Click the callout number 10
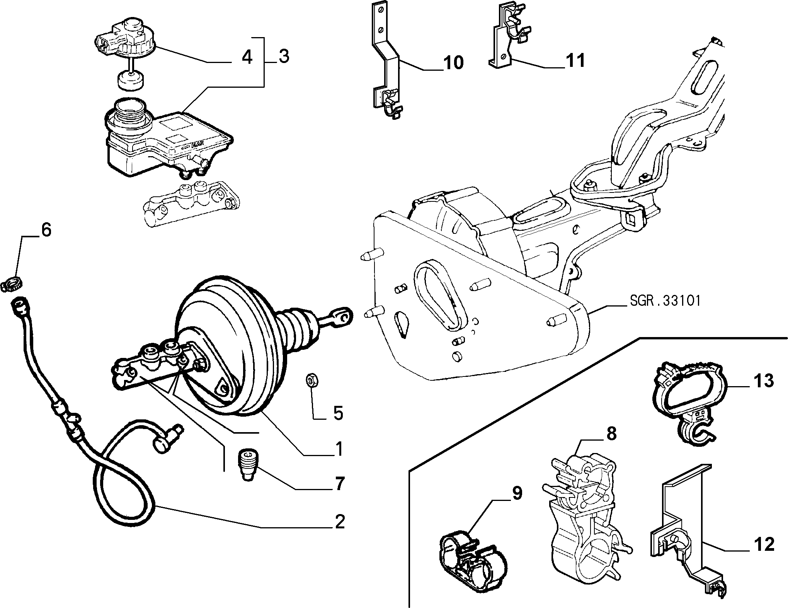click(453, 63)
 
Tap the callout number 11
click(575, 61)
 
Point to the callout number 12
click(764, 544)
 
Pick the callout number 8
click(611, 434)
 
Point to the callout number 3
click(283, 57)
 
